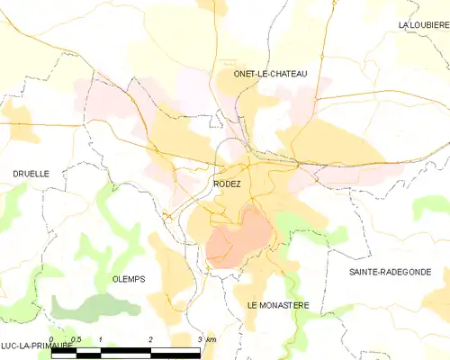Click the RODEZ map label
coord(227,184)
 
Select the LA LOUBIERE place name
coord(423,24)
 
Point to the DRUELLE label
coord(31,173)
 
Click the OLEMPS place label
coord(129,279)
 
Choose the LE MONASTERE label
coord(278,305)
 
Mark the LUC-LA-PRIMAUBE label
coord(36,346)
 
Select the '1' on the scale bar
coord(102,339)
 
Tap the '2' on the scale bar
coord(150,339)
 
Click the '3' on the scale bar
coord(199,339)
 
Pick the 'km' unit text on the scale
coord(211,339)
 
